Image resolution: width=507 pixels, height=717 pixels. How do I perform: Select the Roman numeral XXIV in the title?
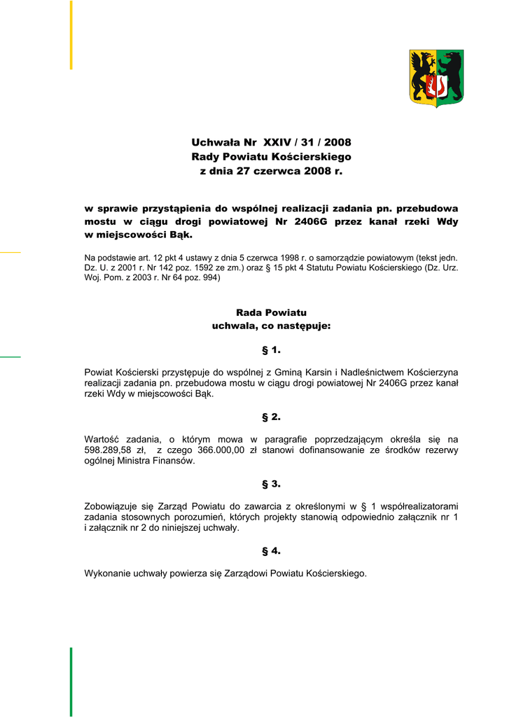[278, 143]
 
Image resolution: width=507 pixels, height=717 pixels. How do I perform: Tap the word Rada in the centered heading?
[250, 313]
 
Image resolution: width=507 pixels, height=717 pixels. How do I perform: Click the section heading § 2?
[271, 417]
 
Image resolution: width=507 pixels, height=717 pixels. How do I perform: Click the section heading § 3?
[271, 484]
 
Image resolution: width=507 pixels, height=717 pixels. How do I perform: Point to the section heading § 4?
[271, 551]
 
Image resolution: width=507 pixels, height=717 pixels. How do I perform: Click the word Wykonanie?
[106, 573]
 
